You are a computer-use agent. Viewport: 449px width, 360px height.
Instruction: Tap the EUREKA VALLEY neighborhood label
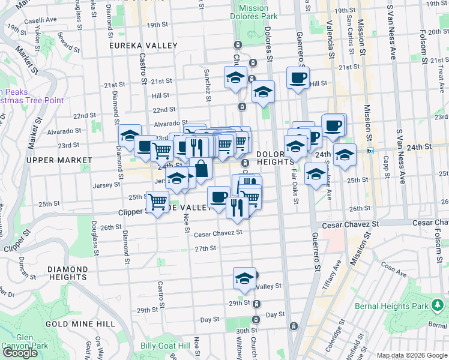[x=143, y=46]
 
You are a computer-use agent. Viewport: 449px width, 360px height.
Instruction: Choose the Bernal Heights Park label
[x=412, y=307]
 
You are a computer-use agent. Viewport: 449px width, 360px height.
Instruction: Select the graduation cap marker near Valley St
[x=244, y=277]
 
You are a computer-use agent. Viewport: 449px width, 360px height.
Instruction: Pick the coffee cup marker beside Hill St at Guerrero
[x=298, y=77]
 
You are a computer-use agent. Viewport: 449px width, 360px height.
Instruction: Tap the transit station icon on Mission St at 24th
[x=370, y=151]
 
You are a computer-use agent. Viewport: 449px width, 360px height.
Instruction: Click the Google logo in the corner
[x=20, y=353]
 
